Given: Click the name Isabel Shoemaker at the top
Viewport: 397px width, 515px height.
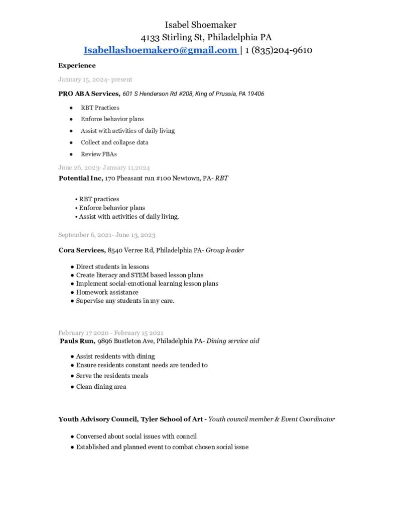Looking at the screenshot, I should coord(200,25).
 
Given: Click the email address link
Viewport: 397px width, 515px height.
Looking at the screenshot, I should coord(161,50).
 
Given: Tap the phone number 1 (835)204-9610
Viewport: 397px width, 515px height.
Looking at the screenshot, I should coord(279,50).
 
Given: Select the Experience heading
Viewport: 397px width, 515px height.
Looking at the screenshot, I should coord(77,65).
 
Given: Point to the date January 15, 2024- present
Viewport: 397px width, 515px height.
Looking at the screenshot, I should coord(95,79).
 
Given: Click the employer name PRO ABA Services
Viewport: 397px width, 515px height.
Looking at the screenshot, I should coord(89,94).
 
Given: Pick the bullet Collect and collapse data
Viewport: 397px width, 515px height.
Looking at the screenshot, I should coord(114,142).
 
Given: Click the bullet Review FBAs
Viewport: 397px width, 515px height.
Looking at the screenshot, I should coord(98,154).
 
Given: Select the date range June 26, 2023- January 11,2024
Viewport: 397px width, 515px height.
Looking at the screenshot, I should coord(104,167).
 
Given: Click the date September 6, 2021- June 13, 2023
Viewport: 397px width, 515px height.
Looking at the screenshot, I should coord(106,235).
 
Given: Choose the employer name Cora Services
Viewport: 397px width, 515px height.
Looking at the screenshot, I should coord(82,250).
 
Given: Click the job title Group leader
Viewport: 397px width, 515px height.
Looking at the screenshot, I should coord(225,250).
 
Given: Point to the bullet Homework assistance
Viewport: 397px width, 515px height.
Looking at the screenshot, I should coord(107,292).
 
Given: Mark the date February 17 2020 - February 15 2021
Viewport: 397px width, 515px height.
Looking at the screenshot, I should coord(110,332).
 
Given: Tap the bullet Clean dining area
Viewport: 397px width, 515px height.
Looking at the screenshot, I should coord(101,387).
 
